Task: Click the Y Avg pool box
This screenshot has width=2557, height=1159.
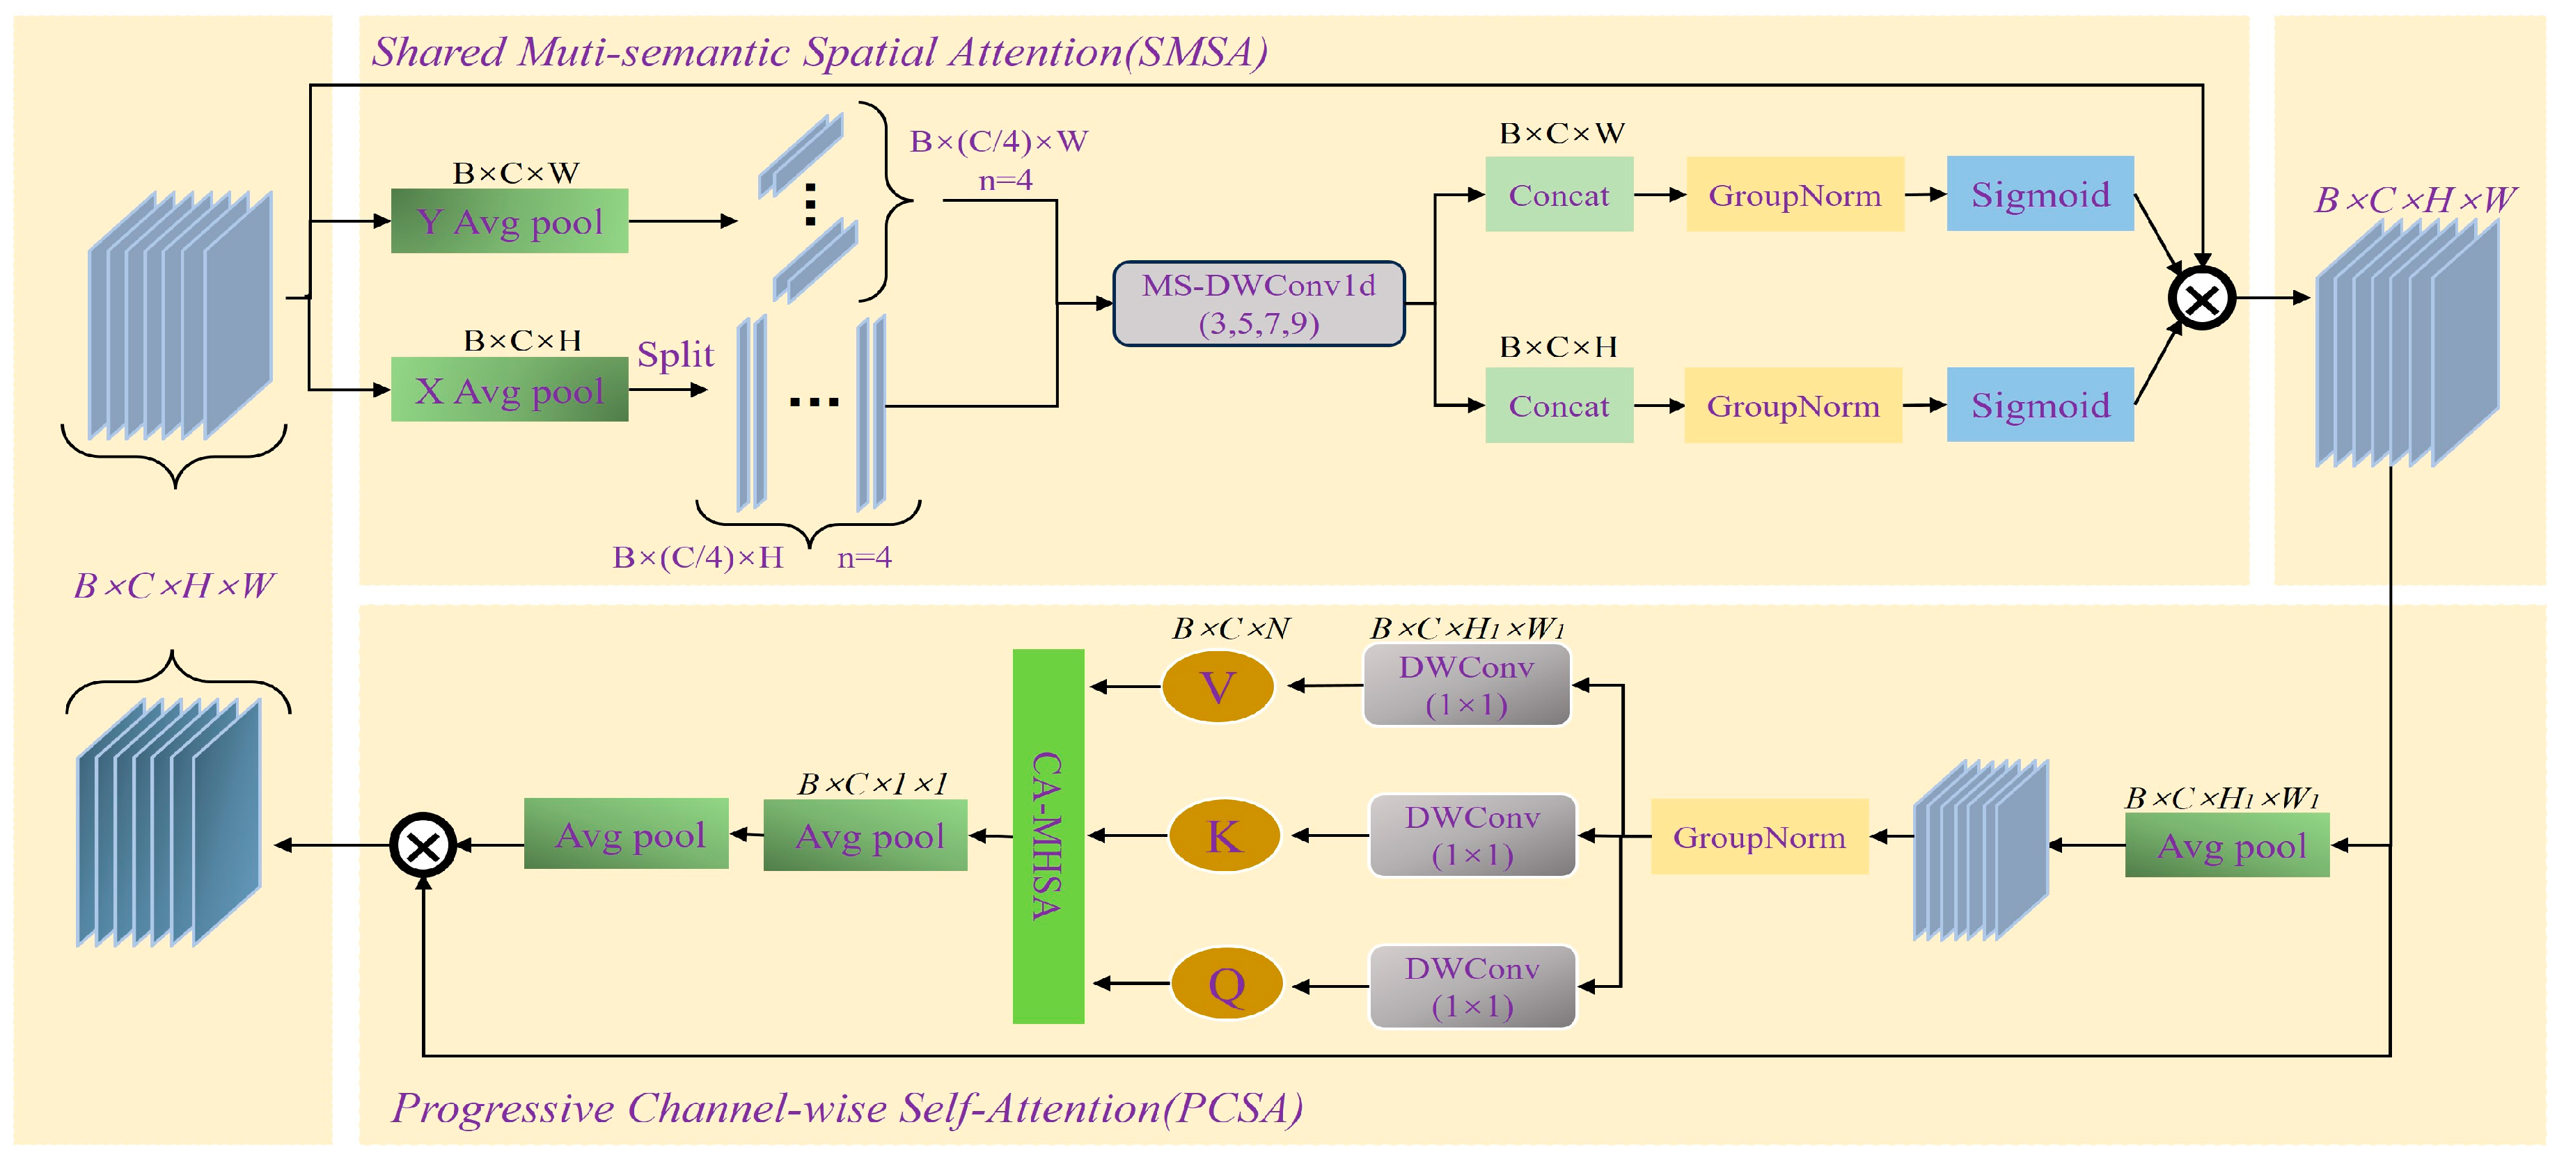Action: (x=509, y=221)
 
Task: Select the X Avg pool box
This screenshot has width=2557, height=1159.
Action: (x=509, y=390)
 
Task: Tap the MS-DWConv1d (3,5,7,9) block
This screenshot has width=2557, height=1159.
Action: (x=1259, y=303)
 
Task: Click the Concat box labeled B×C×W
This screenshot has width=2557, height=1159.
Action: (x=1559, y=195)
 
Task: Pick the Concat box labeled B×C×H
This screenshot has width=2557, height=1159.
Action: (x=1559, y=405)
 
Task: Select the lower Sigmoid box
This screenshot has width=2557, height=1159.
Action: (x=2040, y=405)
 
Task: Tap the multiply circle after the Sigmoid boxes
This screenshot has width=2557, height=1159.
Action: (x=2202, y=298)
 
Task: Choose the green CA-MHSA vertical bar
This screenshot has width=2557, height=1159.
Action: (x=1048, y=836)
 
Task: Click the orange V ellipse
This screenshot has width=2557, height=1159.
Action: (x=1218, y=687)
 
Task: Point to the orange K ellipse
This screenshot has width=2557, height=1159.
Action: (x=1224, y=836)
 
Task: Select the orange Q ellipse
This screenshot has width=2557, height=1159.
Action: (x=1227, y=984)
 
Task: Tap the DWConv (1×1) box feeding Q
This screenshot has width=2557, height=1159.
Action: (x=1472, y=986)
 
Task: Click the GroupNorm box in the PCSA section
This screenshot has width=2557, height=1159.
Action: (x=1759, y=836)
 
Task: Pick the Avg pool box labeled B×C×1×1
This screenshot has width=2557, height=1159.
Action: (x=865, y=836)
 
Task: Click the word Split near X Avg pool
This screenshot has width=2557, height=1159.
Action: (x=675, y=353)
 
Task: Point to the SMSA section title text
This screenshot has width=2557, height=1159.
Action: (x=819, y=51)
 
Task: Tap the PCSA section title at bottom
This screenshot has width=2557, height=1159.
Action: (x=847, y=1108)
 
